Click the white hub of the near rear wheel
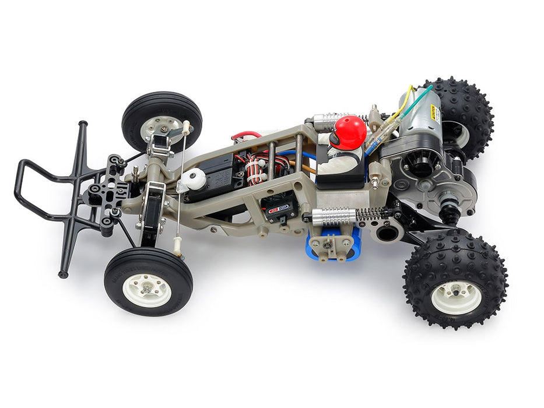coord(456,297)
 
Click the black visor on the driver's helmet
coord(337,139)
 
